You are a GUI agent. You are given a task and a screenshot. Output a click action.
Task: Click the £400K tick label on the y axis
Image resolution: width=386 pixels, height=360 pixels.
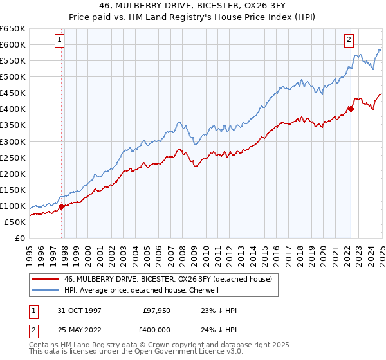tap(13, 109)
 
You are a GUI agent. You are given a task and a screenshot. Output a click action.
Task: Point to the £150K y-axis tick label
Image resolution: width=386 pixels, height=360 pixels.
tap(13, 190)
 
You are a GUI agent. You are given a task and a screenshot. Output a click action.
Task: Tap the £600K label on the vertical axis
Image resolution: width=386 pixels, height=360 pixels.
tap(13, 44)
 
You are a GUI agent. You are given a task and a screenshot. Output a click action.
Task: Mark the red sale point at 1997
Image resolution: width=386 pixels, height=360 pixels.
tap(62, 207)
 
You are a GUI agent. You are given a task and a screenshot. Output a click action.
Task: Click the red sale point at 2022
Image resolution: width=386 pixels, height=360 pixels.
tap(351, 109)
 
